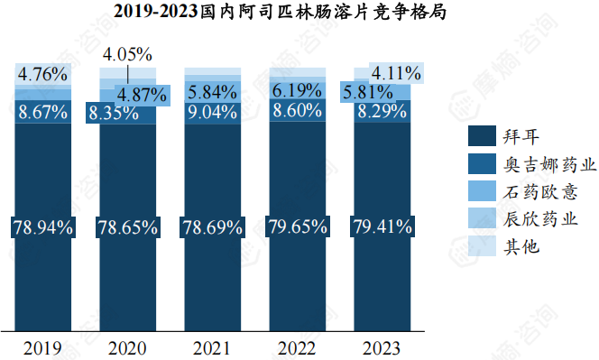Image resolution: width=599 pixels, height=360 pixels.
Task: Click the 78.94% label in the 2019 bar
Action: click(43, 226)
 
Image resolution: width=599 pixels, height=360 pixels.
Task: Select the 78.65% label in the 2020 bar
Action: click(127, 226)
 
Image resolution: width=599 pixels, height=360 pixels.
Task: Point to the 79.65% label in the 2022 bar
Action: click(298, 226)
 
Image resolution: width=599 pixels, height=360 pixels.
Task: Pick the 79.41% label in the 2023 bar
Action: click(382, 226)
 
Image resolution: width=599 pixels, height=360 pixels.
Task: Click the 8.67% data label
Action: click(43, 113)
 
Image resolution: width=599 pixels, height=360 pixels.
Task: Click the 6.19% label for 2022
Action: click(298, 90)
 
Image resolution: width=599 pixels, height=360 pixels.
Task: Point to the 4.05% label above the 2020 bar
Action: click(127, 55)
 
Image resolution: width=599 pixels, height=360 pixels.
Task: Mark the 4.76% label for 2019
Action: click(43, 74)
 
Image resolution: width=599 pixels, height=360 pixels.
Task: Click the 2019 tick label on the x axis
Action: click(43, 347)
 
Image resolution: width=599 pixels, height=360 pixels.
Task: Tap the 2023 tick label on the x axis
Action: click(382, 347)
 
